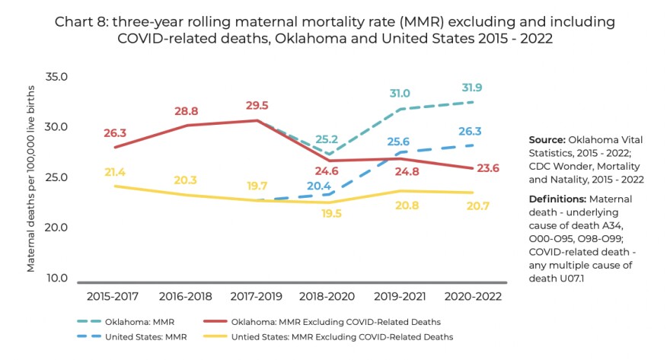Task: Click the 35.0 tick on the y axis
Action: (58, 77)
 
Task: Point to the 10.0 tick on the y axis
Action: (58, 278)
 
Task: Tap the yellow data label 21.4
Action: (114, 173)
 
